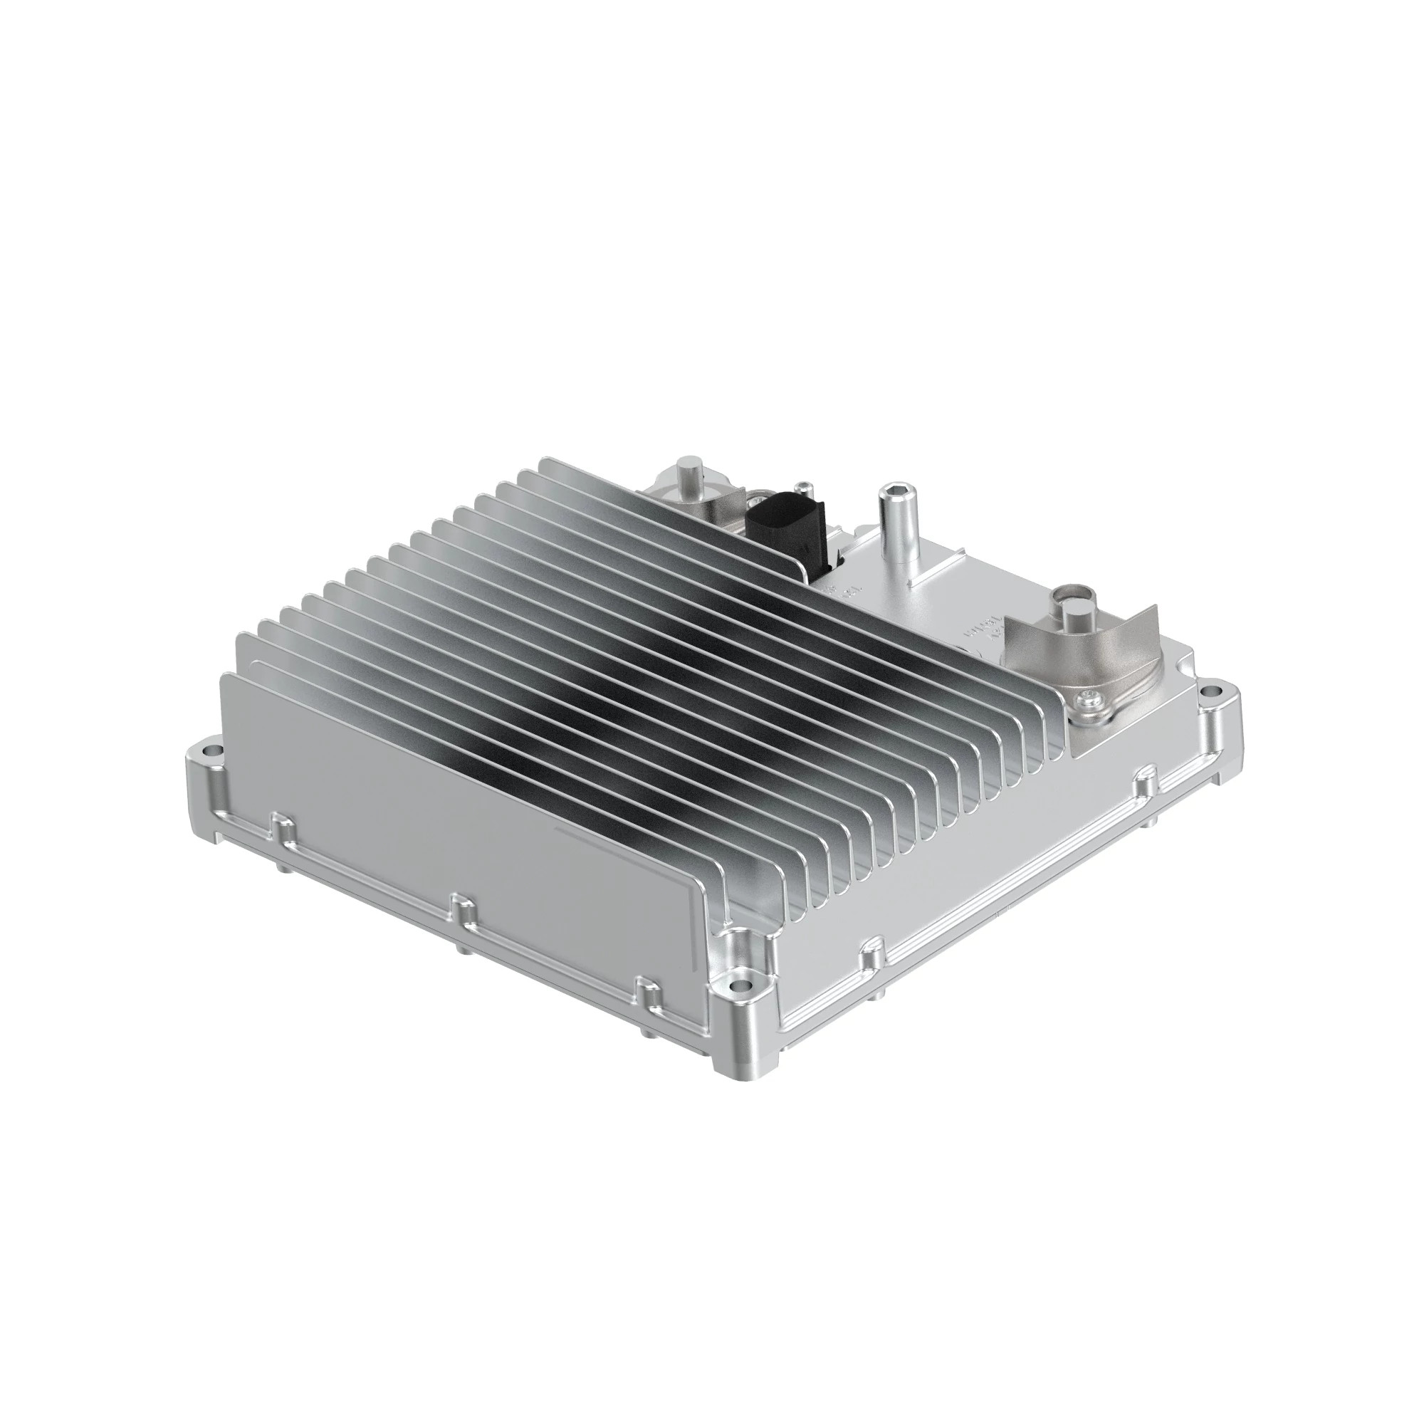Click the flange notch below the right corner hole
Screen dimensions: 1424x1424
(x=1146, y=781)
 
